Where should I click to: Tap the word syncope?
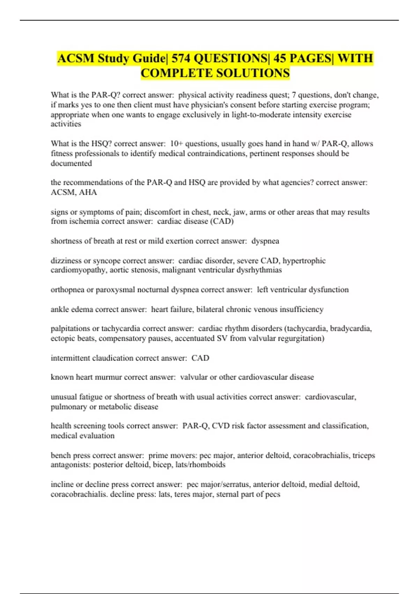click(106, 261)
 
